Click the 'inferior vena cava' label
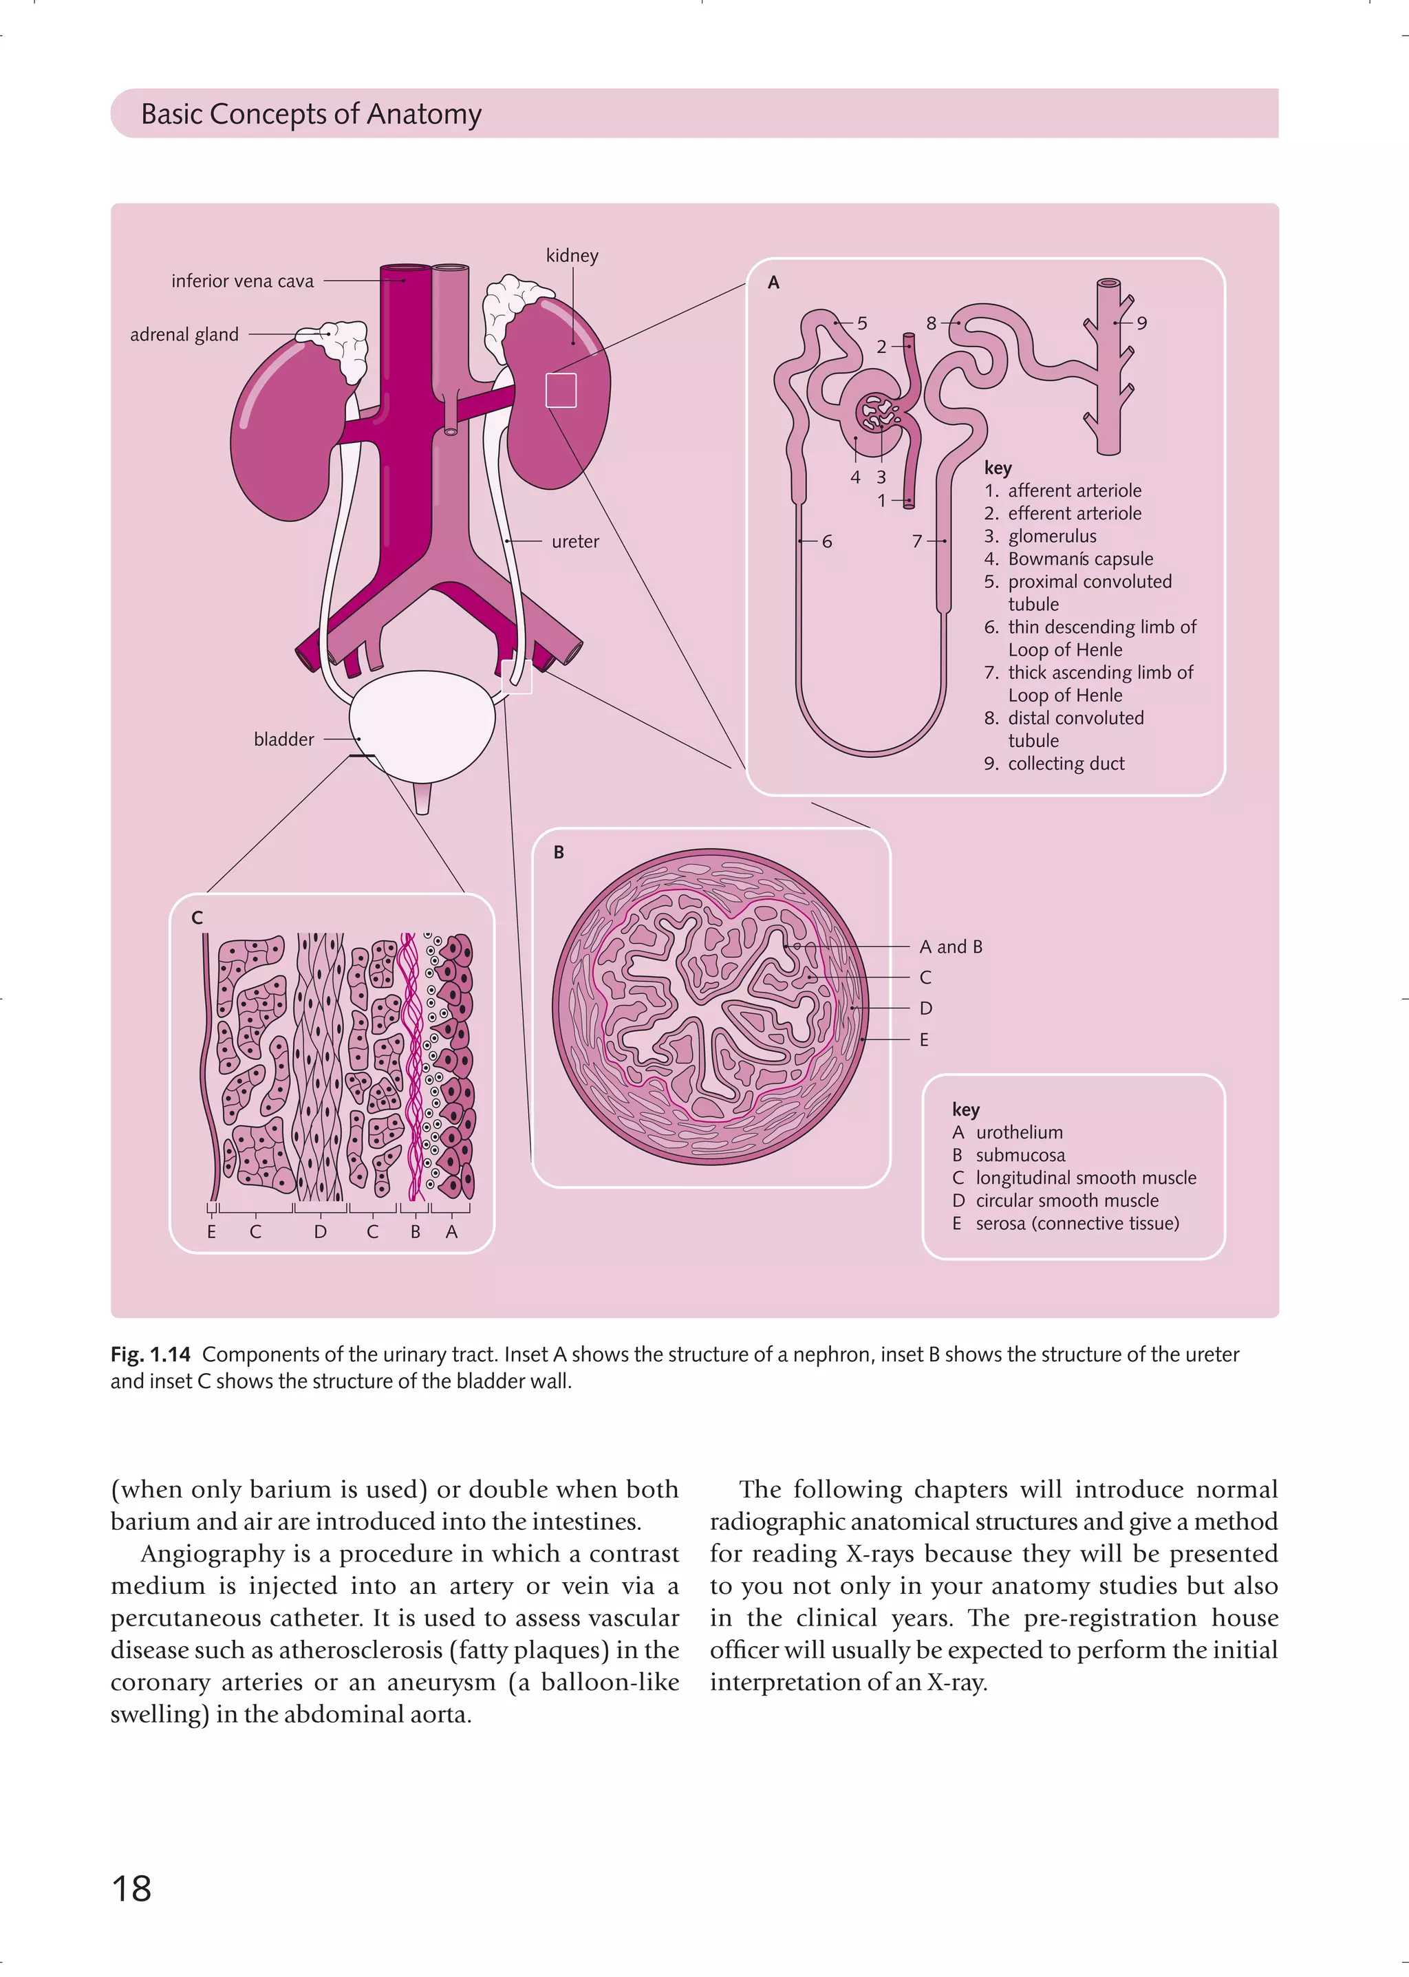pos(242,281)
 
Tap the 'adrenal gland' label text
pos(184,335)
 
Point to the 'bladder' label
pos(283,739)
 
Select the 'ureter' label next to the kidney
pos(575,541)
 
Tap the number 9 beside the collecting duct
pos(1142,323)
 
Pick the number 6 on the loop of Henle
pos(827,541)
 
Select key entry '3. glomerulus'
pos(1040,536)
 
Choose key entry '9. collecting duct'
pos(1054,764)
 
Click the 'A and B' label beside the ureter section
pos(951,947)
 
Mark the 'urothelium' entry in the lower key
pos(1019,1132)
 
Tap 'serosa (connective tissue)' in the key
pos(1077,1223)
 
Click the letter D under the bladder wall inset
pos(320,1232)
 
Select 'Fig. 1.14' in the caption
pos(150,1354)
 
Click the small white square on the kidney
pos(561,390)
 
